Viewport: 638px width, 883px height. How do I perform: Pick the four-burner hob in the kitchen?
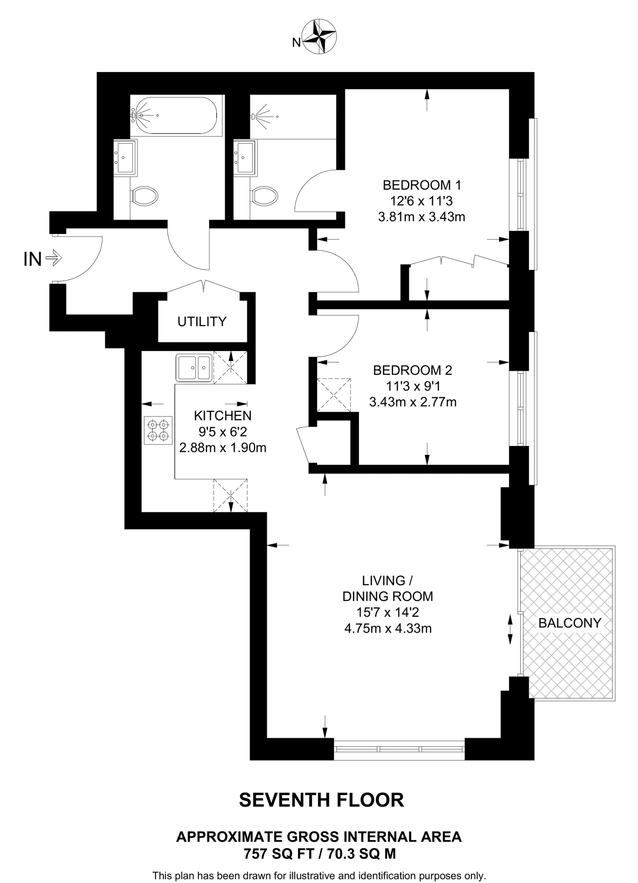point(158,430)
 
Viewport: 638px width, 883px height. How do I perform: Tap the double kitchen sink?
point(194,367)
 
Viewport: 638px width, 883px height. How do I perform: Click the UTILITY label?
point(202,322)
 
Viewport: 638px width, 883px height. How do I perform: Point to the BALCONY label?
point(569,623)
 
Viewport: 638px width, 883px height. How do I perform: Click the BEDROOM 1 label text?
point(421,185)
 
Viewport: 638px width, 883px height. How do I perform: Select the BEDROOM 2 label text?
point(412,370)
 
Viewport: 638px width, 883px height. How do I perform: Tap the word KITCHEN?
point(223,416)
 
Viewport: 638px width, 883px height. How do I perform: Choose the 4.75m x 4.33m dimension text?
point(388,628)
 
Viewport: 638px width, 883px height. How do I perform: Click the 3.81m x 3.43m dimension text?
point(421,216)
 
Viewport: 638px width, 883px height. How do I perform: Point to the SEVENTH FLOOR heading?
point(321,800)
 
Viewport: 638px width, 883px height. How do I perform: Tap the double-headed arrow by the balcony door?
point(510,630)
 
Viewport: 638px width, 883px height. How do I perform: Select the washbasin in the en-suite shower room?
point(244,157)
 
